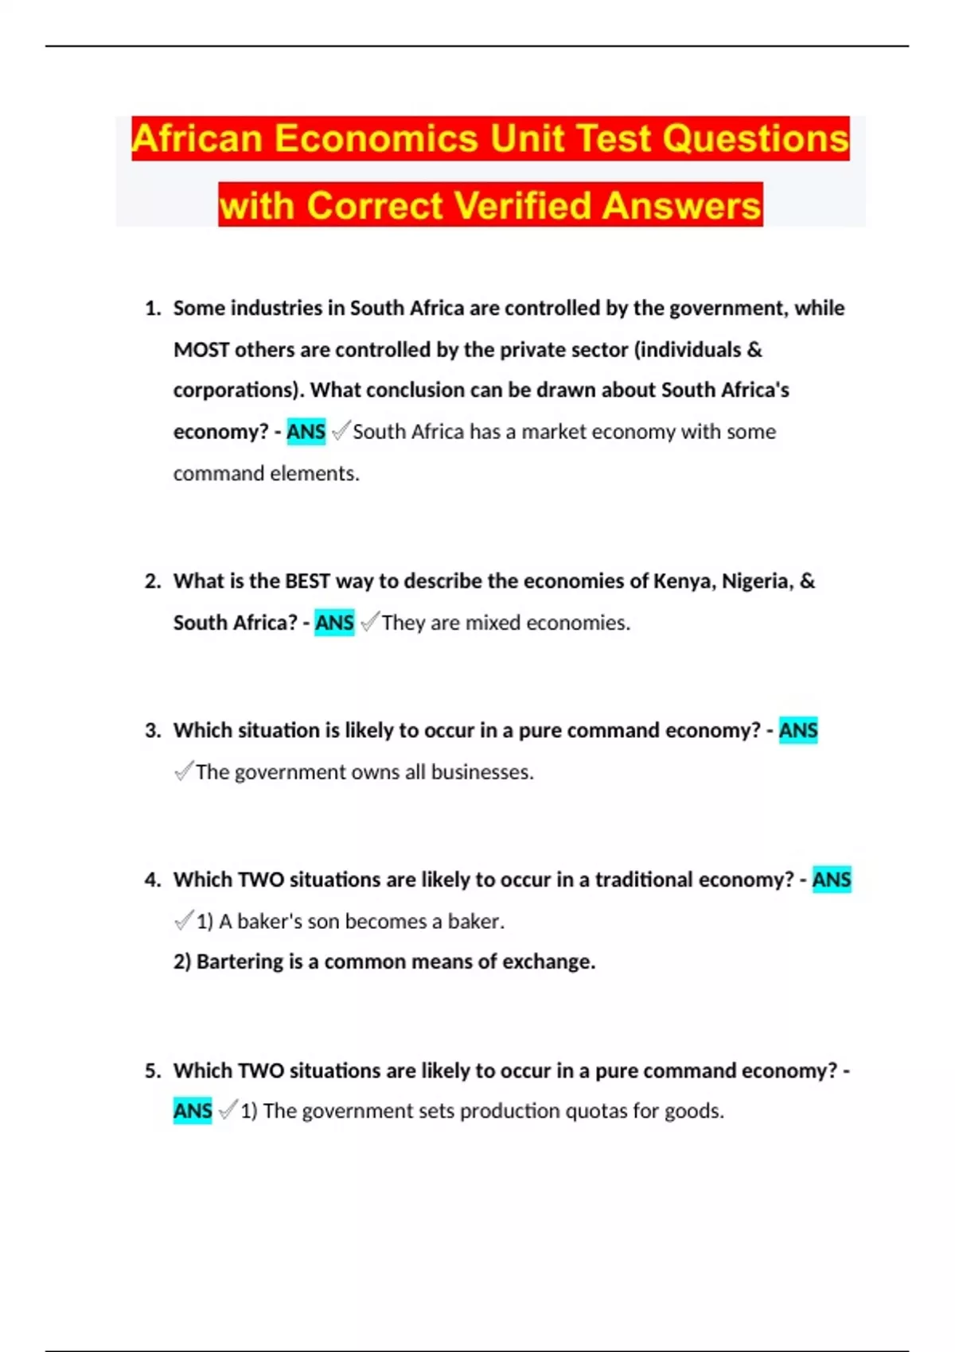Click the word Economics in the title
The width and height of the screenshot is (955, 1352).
click(x=376, y=138)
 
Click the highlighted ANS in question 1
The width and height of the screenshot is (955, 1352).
click(x=306, y=432)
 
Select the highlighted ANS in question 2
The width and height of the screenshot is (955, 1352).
click(x=334, y=623)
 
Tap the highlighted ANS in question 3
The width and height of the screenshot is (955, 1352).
click(x=798, y=730)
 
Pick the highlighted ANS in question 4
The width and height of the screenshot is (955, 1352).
click(x=832, y=880)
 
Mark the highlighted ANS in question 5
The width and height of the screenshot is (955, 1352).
click(x=193, y=1111)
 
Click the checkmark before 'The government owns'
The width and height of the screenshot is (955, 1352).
click(x=183, y=771)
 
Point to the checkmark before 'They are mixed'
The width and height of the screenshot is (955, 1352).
click(x=369, y=622)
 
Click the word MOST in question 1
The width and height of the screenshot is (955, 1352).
click(x=201, y=350)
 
